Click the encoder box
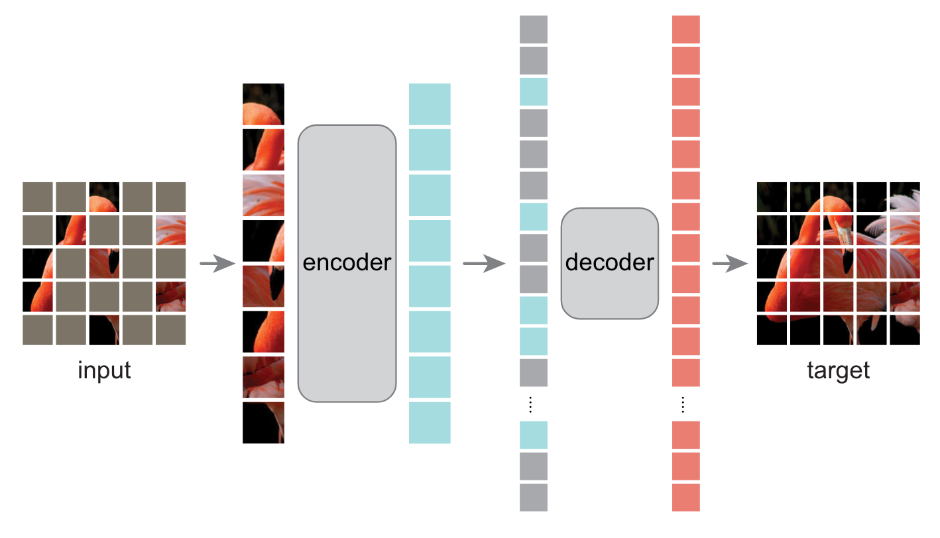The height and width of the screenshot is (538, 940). tap(347, 263)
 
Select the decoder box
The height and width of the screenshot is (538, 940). tap(609, 263)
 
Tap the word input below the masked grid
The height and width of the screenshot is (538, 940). tap(104, 370)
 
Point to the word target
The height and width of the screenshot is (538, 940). tap(838, 370)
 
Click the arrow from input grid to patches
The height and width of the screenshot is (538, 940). tap(217, 264)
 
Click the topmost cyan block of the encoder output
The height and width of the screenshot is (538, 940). tap(430, 104)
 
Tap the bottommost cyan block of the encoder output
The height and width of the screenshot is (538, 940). tap(430, 423)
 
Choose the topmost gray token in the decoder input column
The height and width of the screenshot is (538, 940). tap(534, 29)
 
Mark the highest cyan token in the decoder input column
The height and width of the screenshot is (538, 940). tap(534, 92)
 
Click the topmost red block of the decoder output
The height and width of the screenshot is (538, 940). tap(685, 29)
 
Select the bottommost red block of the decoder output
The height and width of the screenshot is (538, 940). tap(685, 498)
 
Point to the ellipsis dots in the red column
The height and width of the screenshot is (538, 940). tap(685, 404)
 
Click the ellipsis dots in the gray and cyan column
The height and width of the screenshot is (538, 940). tap(530, 404)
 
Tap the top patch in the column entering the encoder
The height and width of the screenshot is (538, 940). tap(263, 104)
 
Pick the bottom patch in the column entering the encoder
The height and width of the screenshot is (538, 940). tap(263, 423)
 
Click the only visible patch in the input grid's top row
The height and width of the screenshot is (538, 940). tap(104, 197)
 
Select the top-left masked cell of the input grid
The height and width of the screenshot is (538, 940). tap(38, 197)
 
